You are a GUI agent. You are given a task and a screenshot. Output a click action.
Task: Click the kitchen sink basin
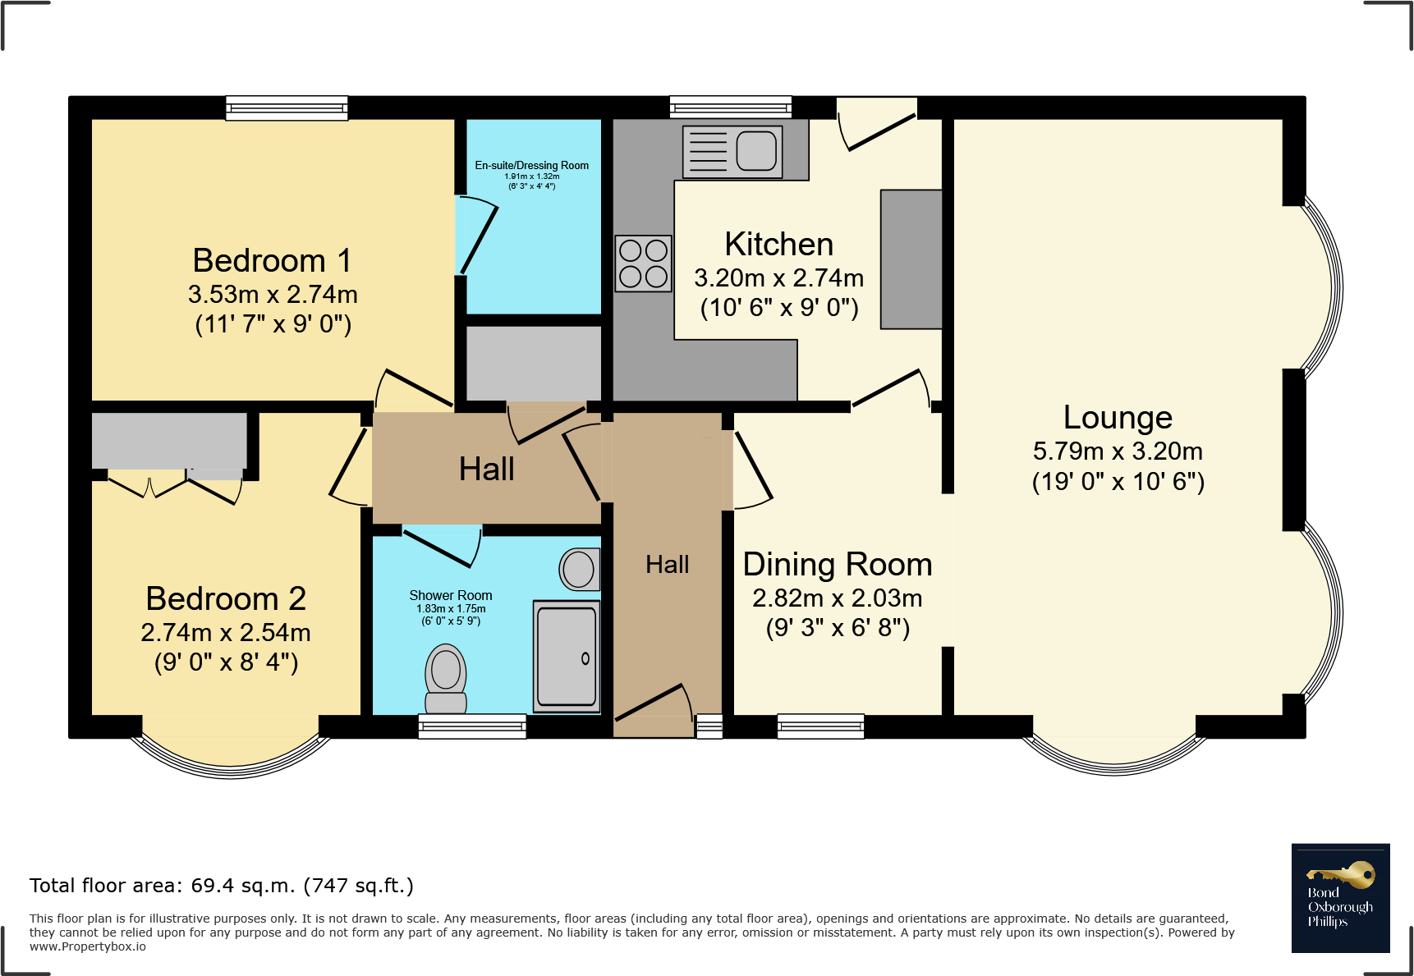[x=755, y=150]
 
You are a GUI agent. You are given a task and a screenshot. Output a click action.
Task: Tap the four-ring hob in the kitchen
[x=643, y=263]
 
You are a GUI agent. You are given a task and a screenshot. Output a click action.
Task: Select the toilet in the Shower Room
[x=446, y=678]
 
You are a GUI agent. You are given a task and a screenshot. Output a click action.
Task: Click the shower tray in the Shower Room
[x=566, y=656]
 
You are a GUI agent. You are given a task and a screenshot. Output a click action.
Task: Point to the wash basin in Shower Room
[x=580, y=569]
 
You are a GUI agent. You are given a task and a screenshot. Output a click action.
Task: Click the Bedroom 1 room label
[x=272, y=260]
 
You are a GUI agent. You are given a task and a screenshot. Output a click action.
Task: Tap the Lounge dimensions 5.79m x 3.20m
[x=1118, y=451]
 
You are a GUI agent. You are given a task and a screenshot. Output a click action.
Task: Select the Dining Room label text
[x=837, y=564]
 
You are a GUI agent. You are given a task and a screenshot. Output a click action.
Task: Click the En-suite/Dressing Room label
[x=531, y=165]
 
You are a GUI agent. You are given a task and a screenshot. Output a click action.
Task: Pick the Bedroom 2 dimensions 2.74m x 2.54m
[x=226, y=632]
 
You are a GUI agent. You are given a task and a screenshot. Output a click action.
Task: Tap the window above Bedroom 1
[x=287, y=108]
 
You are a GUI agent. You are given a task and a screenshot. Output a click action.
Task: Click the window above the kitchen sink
[x=730, y=107]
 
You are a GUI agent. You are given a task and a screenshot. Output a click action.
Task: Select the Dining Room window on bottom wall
[x=820, y=726]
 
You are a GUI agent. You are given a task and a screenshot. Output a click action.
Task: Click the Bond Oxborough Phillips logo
[x=1340, y=898]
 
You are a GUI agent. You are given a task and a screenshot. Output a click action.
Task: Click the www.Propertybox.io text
[x=88, y=946]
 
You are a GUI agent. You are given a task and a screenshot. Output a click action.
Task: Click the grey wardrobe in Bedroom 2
[x=169, y=440]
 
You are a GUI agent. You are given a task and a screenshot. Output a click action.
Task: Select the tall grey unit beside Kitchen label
[x=911, y=259]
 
